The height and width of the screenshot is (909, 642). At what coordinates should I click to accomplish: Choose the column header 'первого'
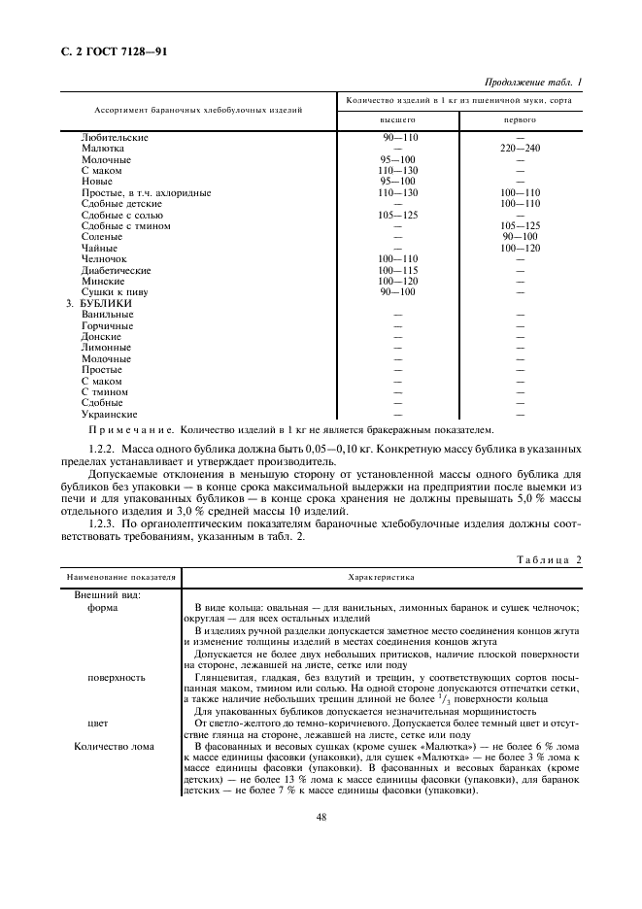click(520, 120)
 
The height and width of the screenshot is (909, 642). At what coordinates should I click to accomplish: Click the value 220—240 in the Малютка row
click(521, 149)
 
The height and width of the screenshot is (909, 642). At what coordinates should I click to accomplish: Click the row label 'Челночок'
click(104, 258)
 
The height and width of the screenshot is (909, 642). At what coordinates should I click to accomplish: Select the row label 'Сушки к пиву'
click(112, 291)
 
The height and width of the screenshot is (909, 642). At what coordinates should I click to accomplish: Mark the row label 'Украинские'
click(108, 414)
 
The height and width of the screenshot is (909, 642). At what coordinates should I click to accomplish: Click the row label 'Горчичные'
click(108, 325)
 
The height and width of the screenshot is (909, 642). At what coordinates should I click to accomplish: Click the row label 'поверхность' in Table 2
click(116, 677)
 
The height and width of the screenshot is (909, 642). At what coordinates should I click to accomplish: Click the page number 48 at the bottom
click(321, 817)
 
